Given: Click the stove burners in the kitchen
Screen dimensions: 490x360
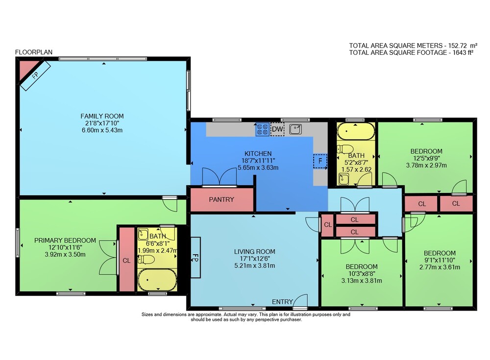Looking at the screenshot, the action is pos(262,130).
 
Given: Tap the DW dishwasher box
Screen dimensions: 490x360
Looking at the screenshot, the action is pos(277,129).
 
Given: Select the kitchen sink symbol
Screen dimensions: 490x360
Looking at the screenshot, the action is pos(295,129).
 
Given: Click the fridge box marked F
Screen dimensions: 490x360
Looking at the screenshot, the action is pos(320,161).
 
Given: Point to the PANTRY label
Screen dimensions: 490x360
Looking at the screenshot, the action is pos(221,199).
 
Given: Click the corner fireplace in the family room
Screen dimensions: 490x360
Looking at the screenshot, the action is pos(34,74).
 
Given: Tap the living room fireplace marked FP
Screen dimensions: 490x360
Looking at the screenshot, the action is pos(196,257).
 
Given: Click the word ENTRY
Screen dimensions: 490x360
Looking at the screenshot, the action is pos(282,302).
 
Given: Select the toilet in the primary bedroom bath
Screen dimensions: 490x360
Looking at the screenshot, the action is pos(146,260).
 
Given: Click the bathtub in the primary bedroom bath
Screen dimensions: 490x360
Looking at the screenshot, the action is pos(157,280).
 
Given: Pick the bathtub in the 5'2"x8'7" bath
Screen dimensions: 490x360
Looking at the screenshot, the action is pos(356,131).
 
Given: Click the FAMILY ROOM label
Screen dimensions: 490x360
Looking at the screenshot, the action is pos(102,116).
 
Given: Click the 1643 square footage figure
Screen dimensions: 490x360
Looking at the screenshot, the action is pos(460,52).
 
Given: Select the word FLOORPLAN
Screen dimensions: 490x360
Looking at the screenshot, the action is pos(34,52).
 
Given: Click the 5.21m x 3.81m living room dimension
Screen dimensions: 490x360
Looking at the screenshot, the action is pos(254,265).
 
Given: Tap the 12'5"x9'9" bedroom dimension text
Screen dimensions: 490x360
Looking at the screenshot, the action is pos(426,158).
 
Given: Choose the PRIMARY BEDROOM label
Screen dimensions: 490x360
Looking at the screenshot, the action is pos(65,240).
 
